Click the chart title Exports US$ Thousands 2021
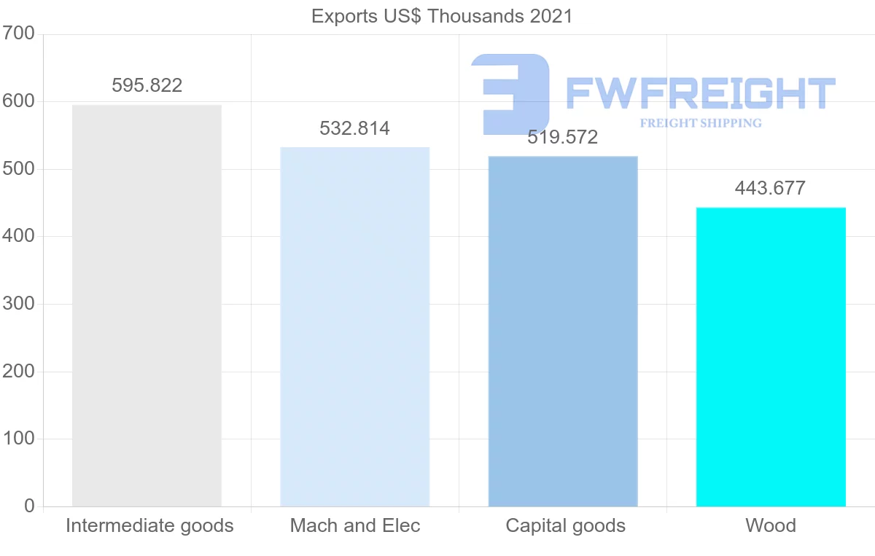442,16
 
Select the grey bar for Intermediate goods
147,306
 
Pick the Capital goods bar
563,332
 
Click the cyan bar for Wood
771,357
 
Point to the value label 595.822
147,85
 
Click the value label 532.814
354,129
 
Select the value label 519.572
563,137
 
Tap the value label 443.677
771,188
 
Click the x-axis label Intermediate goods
149,525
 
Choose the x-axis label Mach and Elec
355,525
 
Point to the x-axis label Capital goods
565,525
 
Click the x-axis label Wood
771,525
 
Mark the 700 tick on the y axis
19,34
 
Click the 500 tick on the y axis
19,169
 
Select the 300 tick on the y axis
19,304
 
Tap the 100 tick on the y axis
19,439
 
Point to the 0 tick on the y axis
29,506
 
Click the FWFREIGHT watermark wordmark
700,93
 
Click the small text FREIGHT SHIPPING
701,123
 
